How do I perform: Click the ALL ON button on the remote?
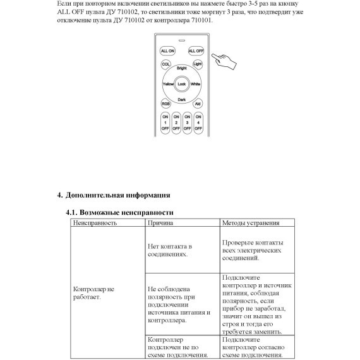[167, 50]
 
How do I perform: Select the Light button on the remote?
[197, 64]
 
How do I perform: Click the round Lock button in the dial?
[182, 83]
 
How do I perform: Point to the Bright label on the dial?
[182, 68]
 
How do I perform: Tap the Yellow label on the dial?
[168, 83]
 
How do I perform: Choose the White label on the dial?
[196, 83]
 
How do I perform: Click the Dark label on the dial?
[182, 99]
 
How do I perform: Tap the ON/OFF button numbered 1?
[166, 122]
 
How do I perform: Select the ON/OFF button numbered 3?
[188, 122]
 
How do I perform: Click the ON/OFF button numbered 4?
[198, 122]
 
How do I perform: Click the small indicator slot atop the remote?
[181, 40]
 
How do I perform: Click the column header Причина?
[160, 223]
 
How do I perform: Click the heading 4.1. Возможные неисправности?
[119, 212]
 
